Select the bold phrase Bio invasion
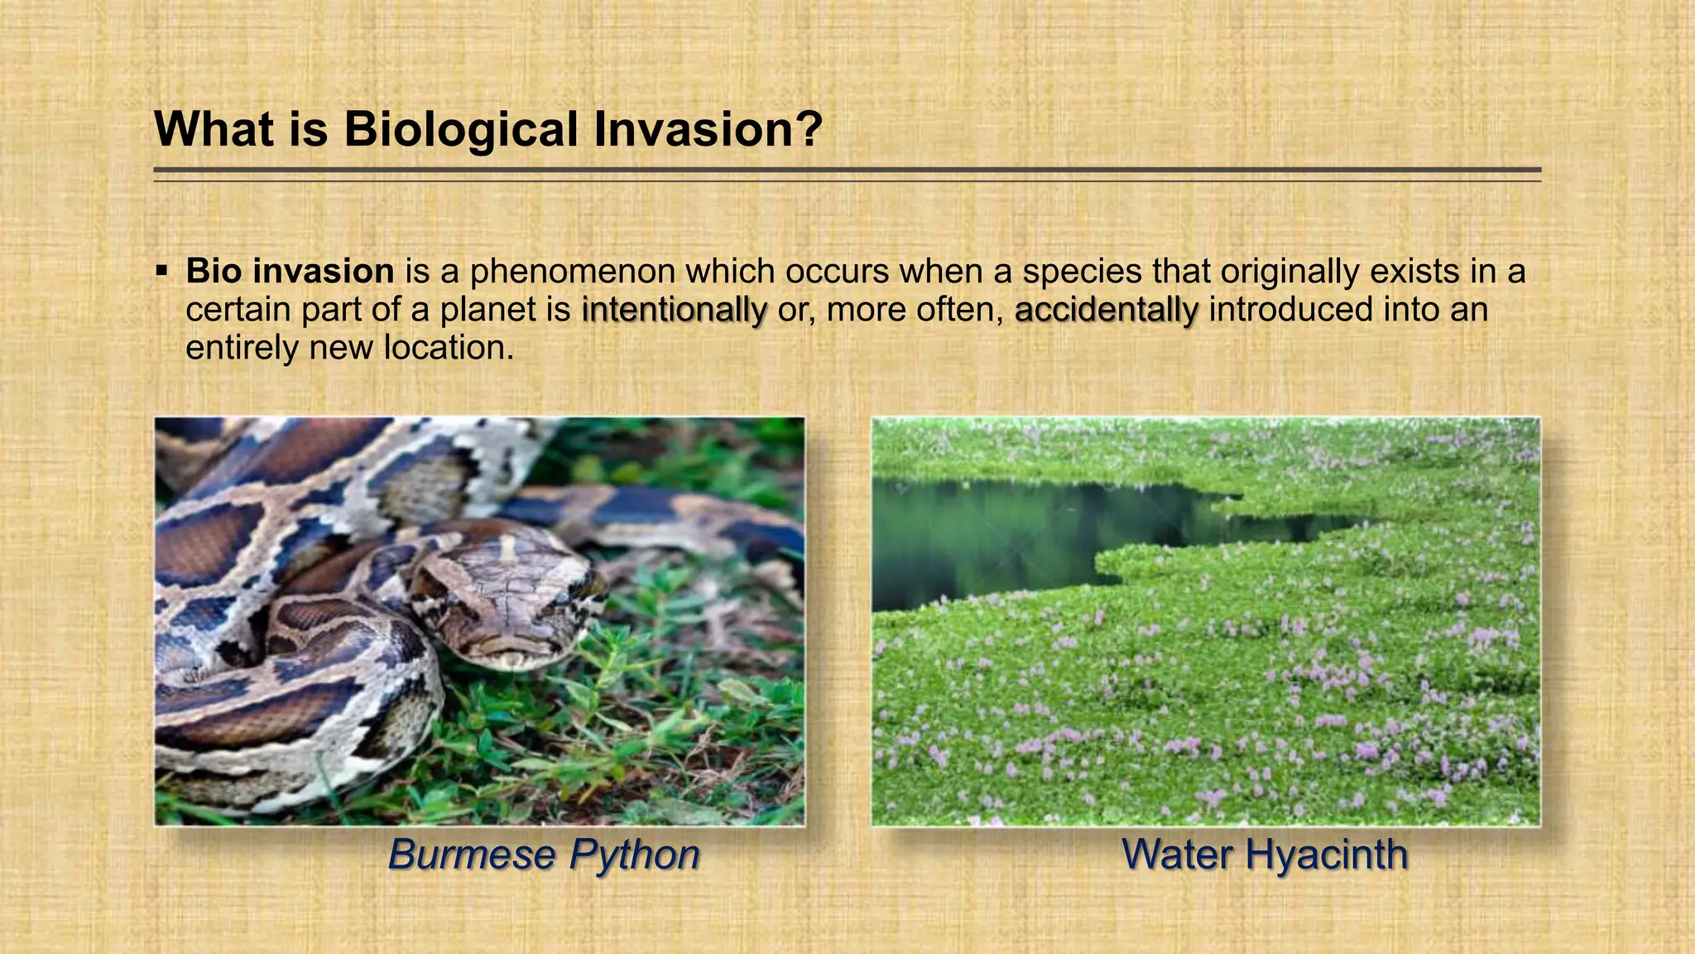coord(290,272)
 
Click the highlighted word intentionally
coord(675,310)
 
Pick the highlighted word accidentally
coord(1107,310)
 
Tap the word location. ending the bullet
coord(449,349)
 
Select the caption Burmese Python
coord(544,855)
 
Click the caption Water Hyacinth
coord(1265,855)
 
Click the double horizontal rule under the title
coord(847,174)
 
